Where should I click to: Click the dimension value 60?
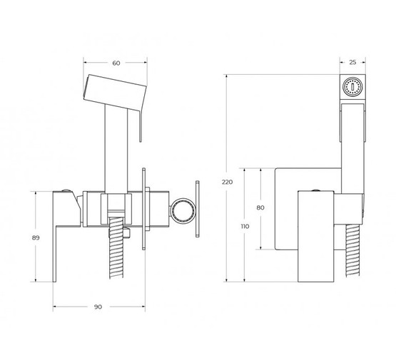(116, 63)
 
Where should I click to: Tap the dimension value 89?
(36, 237)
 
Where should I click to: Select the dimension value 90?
(98, 307)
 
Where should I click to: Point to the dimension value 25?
(352, 62)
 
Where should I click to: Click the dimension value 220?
(227, 182)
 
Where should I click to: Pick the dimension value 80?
(260, 207)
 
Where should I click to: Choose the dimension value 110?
(245, 226)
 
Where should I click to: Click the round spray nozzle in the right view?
(352, 87)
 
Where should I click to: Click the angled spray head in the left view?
(115, 93)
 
